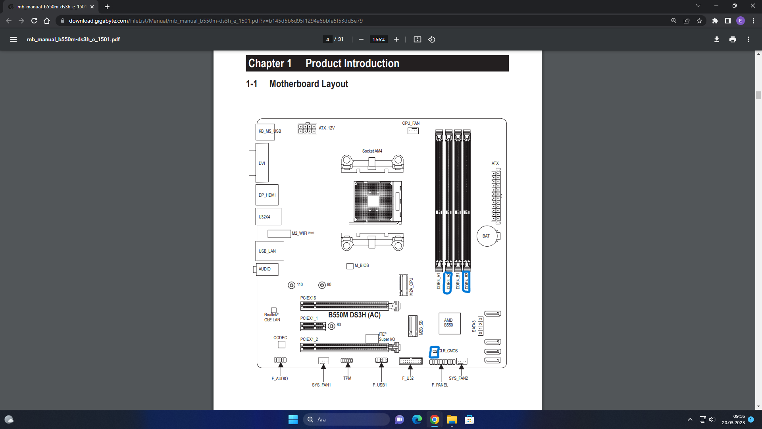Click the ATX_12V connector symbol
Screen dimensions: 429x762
click(x=307, y=129)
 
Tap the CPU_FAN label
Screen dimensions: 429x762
click(x=410, y=123)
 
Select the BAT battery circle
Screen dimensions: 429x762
click(x=487, y=236)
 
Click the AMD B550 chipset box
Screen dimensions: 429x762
click(x=449, y=323)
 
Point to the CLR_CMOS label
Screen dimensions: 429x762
click(x=448, y=351)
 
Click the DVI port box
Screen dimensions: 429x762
click(x=262, y=163)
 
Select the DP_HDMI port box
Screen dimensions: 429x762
click(x=267, y=195)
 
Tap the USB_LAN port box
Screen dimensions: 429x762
click(x=269, y=251)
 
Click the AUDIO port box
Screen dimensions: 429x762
click(x=267, y=269)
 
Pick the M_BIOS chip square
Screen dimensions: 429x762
click(x=350, y=266)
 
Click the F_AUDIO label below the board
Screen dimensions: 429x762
click(x=279, y=379)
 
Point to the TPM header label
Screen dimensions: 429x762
click(x=347, y=378)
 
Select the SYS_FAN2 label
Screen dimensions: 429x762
click(x=458, y=378)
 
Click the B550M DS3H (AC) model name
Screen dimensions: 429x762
click(x=354, y=315)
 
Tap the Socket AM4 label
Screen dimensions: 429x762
click(x=372, y=151)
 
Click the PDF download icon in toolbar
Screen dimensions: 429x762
click(x=716, y=39)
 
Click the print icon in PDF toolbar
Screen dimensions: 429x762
click(x=732, y=39)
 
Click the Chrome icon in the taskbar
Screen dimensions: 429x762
click(x=434, y=419)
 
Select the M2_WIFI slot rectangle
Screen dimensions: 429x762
click(x=279, y=234)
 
